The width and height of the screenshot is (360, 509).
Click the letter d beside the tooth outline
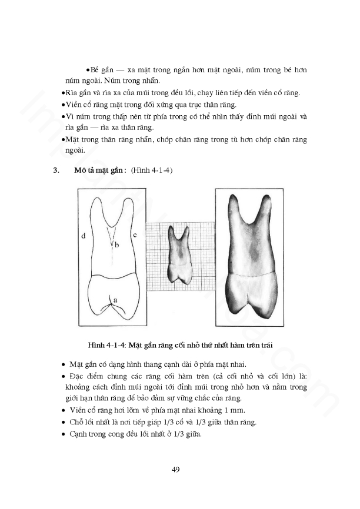[84, 236]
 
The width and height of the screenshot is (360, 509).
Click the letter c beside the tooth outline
[134, 236]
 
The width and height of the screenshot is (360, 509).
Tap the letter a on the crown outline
[115, 300]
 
